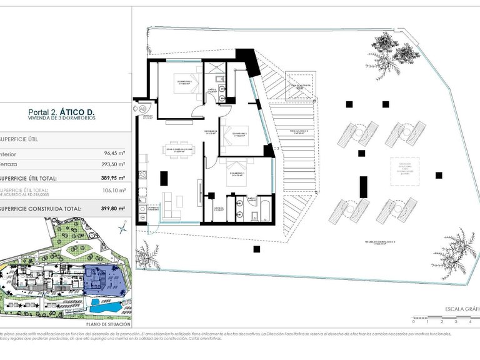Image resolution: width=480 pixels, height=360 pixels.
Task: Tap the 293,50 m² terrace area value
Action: (x=113, y=164)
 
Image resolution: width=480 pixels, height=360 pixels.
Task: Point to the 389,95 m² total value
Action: (x=112, y=177)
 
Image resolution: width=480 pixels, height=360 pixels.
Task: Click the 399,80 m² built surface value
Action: (x=112, y=209)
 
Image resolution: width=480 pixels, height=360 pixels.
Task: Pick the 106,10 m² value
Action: (x=114, y=191)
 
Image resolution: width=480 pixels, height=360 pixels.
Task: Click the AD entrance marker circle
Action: (x=142, y=108)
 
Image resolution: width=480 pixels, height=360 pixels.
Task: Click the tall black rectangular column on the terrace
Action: (x=363, y=187)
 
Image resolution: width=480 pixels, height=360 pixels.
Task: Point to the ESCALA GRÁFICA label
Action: (x=461, y=309)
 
